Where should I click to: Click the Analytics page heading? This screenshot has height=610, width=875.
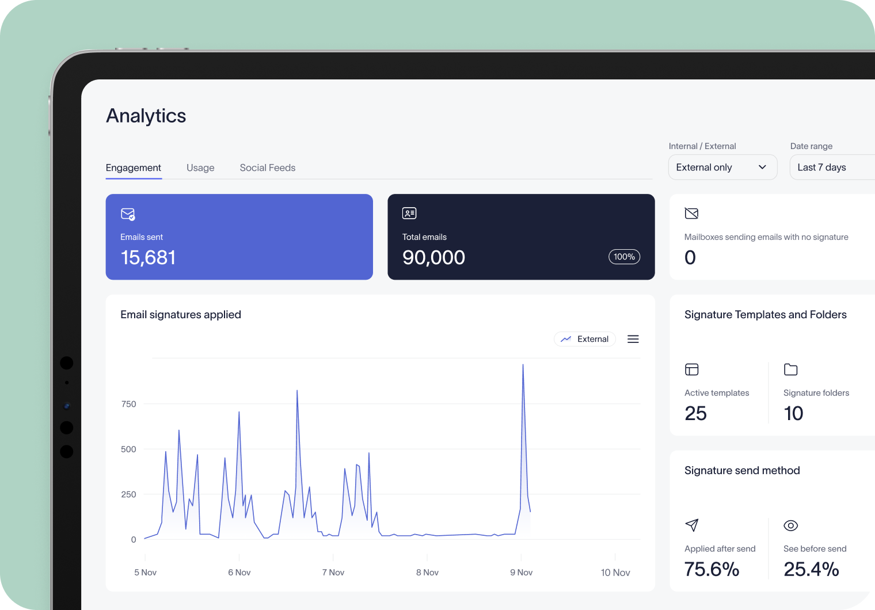[x=146, y=116]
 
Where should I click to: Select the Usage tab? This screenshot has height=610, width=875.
[x=200, y=167]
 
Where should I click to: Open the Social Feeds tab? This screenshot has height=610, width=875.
[x=267, y=167]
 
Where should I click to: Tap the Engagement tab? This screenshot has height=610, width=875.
[x=133, y=167]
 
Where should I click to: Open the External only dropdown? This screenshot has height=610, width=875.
[x=722, y=167]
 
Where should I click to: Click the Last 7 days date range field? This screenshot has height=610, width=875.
[x=829, y=167]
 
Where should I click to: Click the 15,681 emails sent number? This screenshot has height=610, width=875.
[x=148, y=257]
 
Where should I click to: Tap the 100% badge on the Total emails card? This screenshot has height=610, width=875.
[x=624, y=257]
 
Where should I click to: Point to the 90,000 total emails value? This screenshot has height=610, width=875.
[x=433, y=257]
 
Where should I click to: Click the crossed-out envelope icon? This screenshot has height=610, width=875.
[x=691, y=213]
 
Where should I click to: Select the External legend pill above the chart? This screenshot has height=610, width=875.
[x=585, y=339]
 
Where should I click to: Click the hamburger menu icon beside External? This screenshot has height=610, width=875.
[x=633, y=339]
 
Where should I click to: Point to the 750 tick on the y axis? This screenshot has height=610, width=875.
[x=129, y=404]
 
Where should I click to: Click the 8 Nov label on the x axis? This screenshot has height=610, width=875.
[x=427, y=572]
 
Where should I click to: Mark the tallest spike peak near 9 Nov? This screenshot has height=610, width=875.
[x=523, y=365]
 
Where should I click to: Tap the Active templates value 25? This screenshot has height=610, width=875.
[x=695, y=413]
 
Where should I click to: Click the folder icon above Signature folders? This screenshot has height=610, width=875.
[x=790, y=369]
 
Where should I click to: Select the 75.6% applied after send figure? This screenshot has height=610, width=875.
[x=712, y=569]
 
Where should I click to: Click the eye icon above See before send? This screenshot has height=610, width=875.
[x=790, y=525]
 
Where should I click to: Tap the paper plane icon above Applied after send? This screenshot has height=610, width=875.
[x=691, y=525]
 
